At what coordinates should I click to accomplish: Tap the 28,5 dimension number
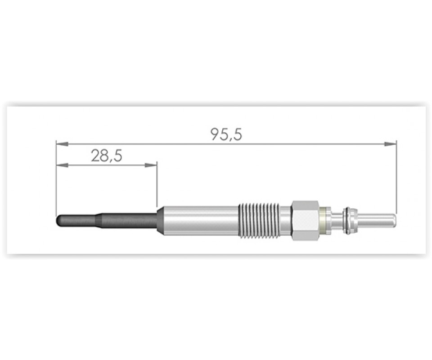coord(106,156)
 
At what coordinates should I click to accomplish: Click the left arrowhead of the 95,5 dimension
coord(62,144)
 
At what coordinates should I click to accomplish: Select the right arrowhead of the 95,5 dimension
coord(391,144)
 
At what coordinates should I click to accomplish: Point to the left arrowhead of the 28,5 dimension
coord(62,165)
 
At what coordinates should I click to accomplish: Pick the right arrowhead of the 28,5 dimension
coord(151,165)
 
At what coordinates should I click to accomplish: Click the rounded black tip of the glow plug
coord(59,221)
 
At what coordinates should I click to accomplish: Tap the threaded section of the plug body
coord(258,221)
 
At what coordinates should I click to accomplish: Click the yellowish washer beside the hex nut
coord(325,221)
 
